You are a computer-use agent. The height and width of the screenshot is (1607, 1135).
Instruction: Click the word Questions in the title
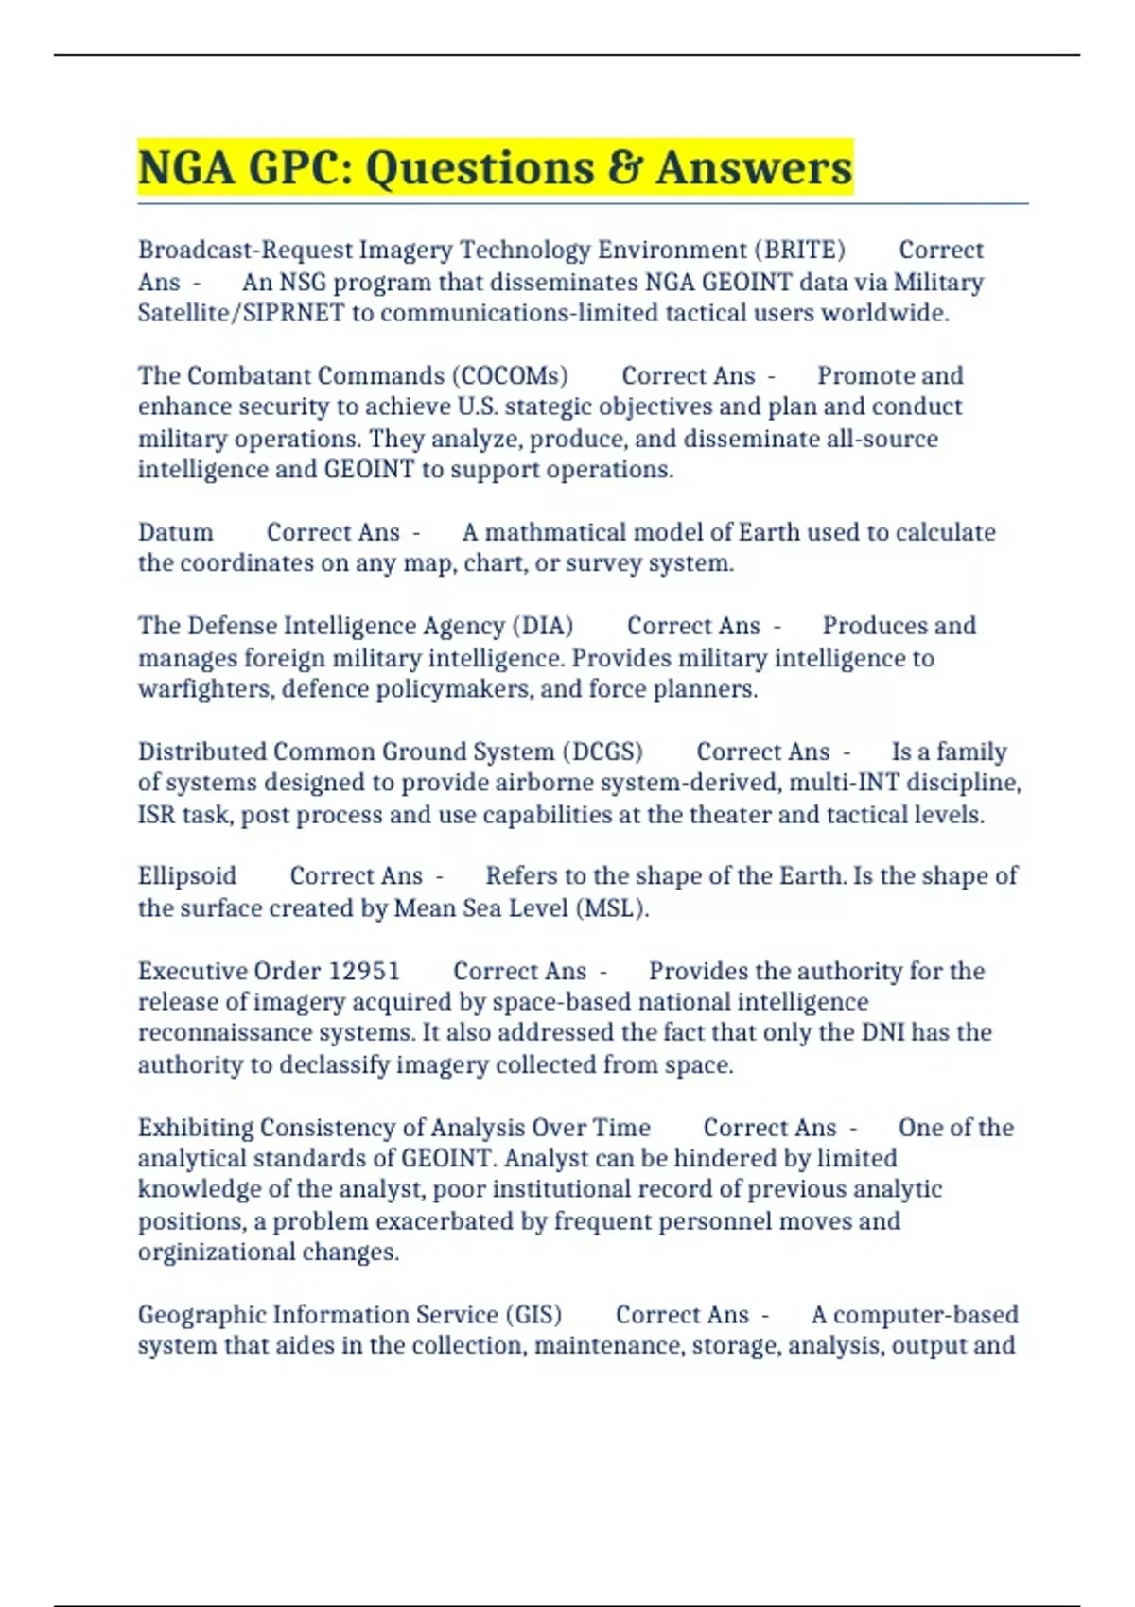(479, 168)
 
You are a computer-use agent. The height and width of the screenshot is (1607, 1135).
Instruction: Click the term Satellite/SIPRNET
(240, 313)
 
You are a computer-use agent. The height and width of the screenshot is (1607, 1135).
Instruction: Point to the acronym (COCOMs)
(510, 376)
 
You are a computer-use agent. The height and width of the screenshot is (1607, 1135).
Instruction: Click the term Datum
(176, 532)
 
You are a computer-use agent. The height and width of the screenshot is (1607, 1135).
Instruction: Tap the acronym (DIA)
(543, 626)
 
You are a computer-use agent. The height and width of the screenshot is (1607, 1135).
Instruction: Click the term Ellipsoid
(187, 876)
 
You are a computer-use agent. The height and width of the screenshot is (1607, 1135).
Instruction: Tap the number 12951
(364, 972)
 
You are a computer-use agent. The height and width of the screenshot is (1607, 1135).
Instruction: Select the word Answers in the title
(754, 168)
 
